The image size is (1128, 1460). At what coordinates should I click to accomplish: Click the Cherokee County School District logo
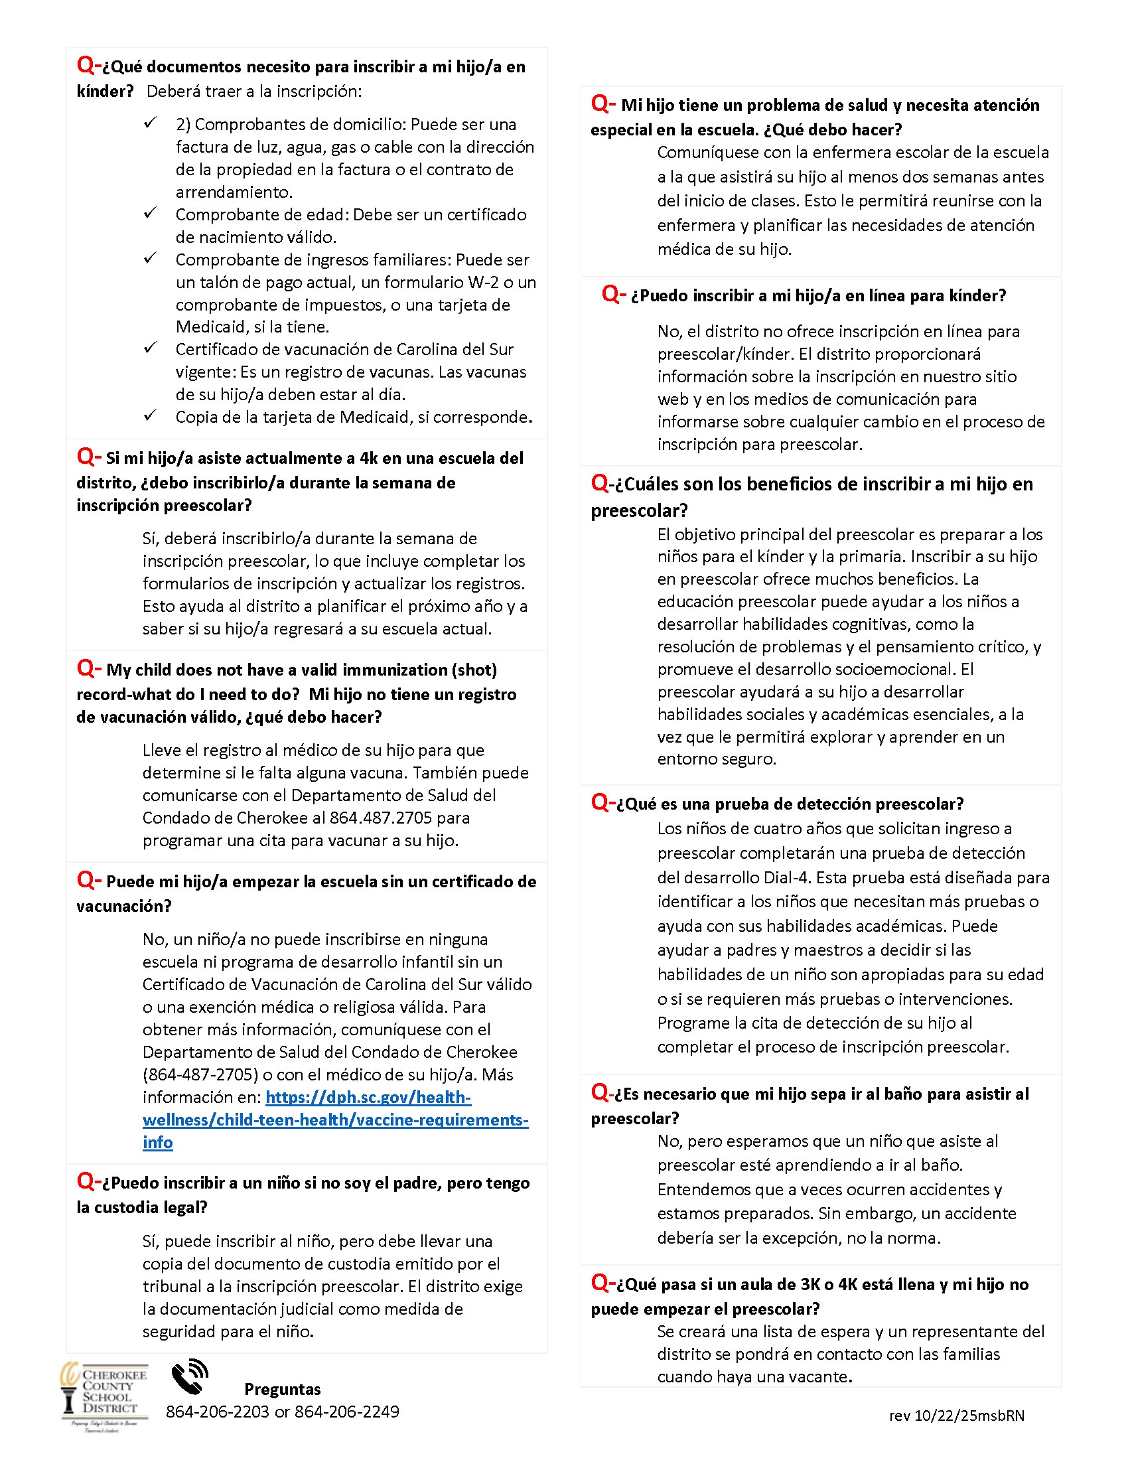click(x=104, y=1396)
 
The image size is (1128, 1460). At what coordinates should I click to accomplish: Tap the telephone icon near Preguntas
click(x=190, y=1377)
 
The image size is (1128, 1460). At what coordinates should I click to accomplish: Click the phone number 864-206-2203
click(x=217, y=1411)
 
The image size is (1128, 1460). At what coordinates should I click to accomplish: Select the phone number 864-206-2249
click(x=347, y=1411)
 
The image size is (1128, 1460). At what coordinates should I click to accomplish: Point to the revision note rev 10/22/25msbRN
click(x=956, y=1416)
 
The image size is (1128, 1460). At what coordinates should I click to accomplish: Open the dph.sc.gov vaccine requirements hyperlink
click(x=335, y=1120)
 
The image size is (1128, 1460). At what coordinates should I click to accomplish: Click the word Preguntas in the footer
click(x=282, y=1389)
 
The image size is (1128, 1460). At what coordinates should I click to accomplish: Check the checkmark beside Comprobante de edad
click(x=151, y=213)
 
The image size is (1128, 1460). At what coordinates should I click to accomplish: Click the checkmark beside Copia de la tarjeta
click(x=151, y=415)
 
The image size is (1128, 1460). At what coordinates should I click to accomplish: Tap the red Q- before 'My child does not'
click(x=89, y=668)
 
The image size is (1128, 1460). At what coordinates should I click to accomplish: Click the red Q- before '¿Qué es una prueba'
click(x=602, y=802)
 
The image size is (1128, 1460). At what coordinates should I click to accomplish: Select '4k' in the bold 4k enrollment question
click(x=369, y=459)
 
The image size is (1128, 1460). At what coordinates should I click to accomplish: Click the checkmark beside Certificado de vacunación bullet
click(x=151, y=348)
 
